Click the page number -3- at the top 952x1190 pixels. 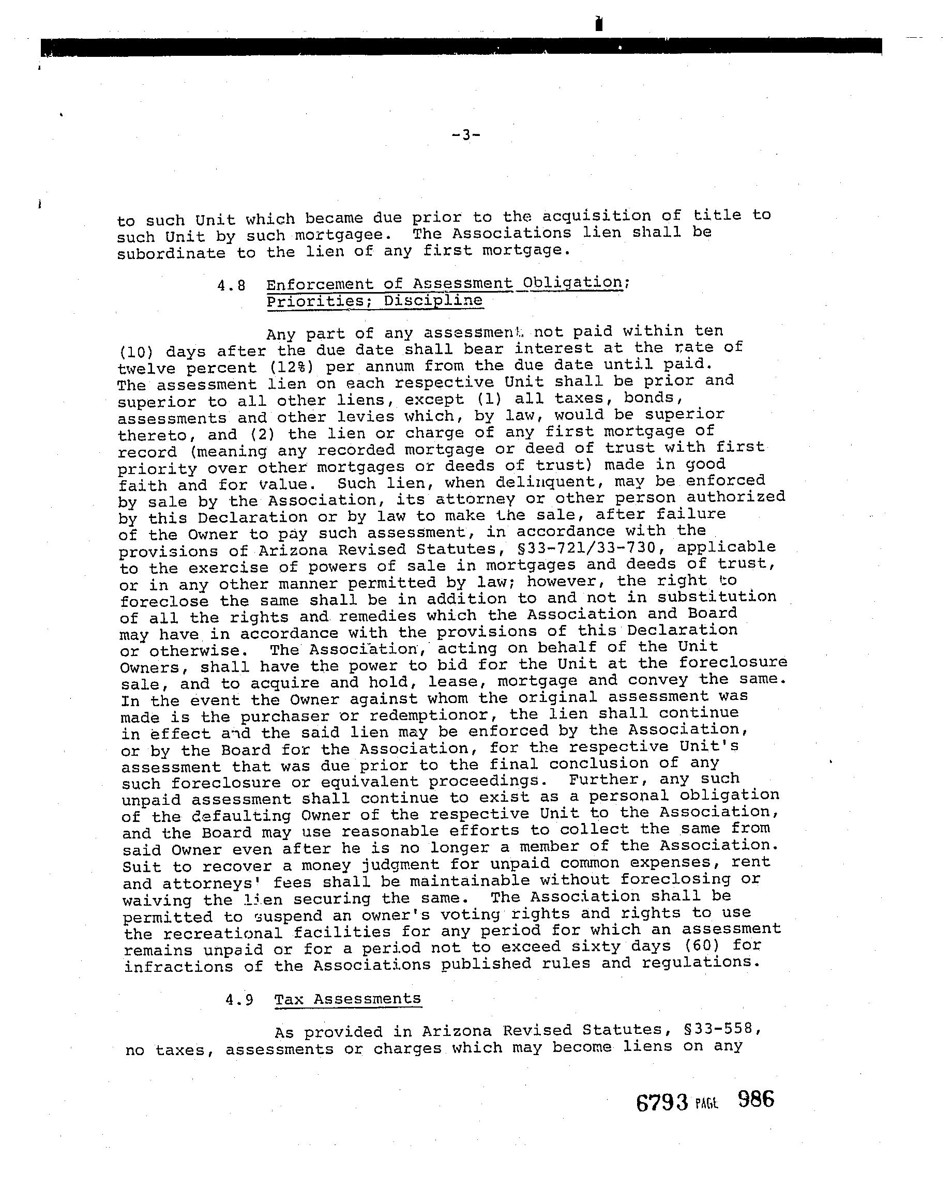point(465,135)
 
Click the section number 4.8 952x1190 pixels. point(231,286)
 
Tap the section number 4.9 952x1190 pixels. point(239,1000)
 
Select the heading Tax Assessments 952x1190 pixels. point(347,999)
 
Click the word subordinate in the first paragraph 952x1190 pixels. point(171,253)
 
